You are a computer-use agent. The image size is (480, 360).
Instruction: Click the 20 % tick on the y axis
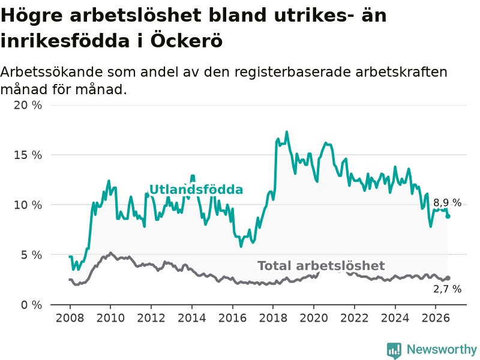tap(28, 106)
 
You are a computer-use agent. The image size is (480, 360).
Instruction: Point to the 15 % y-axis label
tap(28, 155)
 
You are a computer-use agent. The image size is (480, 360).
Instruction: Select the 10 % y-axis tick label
tap(28, 205)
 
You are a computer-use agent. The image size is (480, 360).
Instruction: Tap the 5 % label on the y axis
tap(32, 255)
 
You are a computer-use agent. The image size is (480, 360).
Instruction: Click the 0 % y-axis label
tap(32, 305)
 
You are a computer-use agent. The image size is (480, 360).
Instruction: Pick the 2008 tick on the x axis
tap(70, 318)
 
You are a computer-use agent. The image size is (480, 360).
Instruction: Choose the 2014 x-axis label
tap(192, 318)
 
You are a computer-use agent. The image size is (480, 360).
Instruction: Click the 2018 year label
tap(273, 318)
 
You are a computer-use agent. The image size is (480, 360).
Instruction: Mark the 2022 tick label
tap(355, 318)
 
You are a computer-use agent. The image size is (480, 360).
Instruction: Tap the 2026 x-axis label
tap(436, 318)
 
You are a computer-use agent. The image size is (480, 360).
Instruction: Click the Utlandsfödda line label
tap(196, 190)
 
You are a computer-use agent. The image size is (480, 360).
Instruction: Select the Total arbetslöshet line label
tap(321, 266)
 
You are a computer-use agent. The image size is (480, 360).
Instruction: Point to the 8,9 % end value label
tap(447, 203)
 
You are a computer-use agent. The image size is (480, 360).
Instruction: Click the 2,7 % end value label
tap(447, 289)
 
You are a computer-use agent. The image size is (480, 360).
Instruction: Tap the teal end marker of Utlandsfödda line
tap(448, 217)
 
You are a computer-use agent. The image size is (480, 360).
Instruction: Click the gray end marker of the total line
tap(448, 278)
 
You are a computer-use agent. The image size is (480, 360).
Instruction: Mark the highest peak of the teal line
tap(287, 132)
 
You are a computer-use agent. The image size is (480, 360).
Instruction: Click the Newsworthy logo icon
tap(394, 350)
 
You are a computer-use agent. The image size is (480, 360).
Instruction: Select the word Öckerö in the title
tap(186, 41)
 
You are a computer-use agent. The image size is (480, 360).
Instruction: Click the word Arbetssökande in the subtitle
tap(52, 73)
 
